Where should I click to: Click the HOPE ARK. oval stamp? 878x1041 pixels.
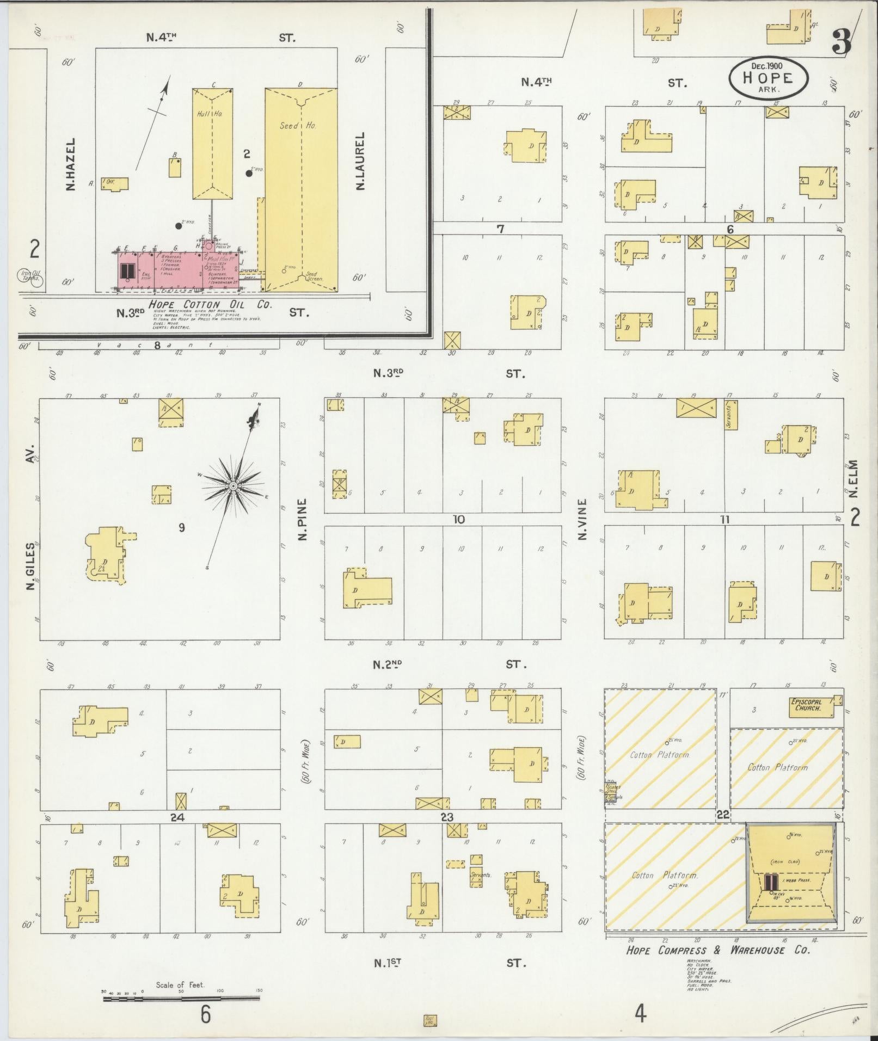tap(768, 78)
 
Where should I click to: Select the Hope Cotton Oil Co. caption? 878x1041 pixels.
tap(210, 304)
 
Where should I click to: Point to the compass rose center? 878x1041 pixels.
tap(233, 485)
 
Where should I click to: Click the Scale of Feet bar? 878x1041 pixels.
tap(182, 998)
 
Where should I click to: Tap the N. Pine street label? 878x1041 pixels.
tap(303, 519)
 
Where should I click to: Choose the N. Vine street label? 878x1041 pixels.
tap(583, 519)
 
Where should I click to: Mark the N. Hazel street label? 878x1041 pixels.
tap(70, 164)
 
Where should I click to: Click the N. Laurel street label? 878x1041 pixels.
tap(360, 162)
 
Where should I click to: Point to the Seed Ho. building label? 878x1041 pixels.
tap(298, 125)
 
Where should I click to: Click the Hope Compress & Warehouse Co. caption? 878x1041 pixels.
tap(718, 950)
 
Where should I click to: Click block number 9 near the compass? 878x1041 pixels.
tap(182, 527)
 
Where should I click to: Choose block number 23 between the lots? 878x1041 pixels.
tap(447, 817)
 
